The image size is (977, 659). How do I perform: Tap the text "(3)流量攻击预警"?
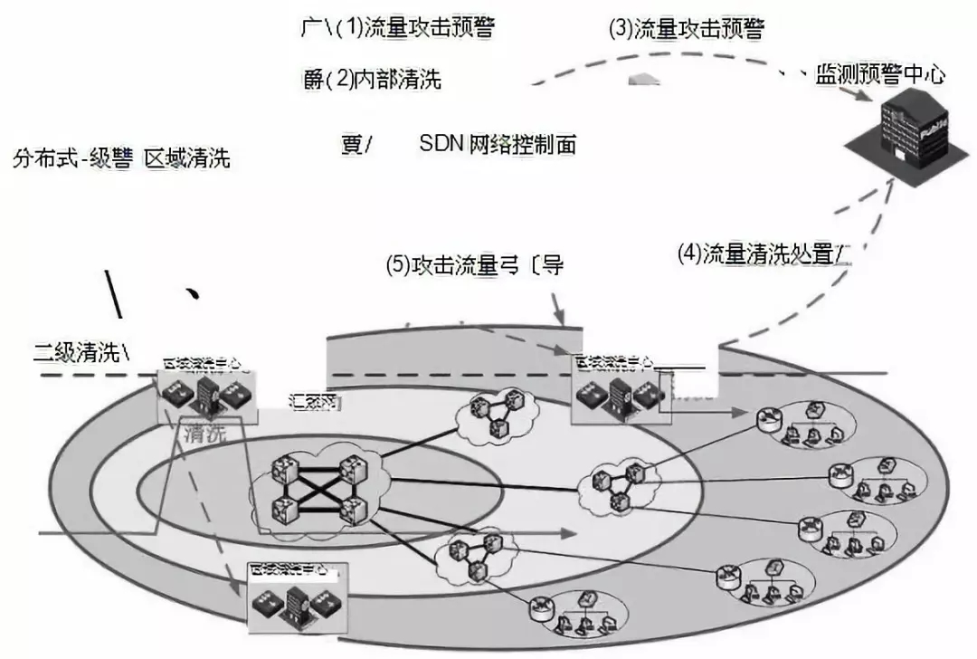[687, 28]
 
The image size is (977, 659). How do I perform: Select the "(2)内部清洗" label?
[389, 80]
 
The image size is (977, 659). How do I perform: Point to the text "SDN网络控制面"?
[498, 144]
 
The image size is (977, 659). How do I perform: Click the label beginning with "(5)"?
[474, 265]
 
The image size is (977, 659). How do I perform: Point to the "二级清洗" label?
[77, 353]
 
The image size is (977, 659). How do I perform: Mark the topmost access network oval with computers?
[800, 423]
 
